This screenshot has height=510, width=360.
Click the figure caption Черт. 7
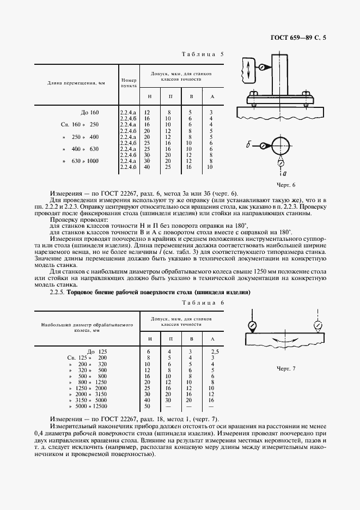point(285,369)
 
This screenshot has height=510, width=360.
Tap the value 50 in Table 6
point(147,406)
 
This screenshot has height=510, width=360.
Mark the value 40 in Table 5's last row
point(147,166)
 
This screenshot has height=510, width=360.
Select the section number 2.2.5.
point(58,292)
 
